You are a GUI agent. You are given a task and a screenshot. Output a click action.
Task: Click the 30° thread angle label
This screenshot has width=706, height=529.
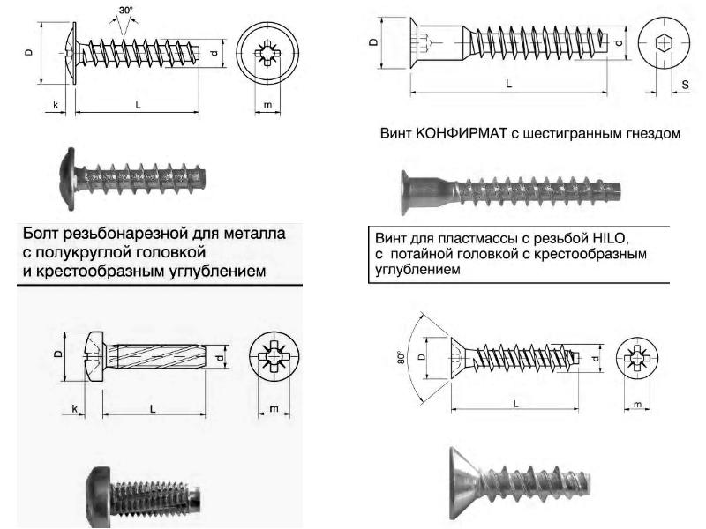[x=126, y=10]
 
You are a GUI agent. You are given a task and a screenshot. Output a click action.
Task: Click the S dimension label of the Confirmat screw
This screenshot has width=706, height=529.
[x=686, y=84]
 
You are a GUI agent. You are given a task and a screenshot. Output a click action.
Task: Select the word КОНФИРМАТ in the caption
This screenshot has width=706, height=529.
[x=462, y=134]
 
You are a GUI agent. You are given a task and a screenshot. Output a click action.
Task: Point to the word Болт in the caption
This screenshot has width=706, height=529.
[x=41, y=234]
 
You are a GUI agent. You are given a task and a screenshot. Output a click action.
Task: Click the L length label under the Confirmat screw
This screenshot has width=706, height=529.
[x=509, y=84]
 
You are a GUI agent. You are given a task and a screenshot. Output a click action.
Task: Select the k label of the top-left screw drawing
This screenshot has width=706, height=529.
[x=56, y=105]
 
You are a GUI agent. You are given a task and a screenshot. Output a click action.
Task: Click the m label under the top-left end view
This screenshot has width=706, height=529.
[x=268, y=105]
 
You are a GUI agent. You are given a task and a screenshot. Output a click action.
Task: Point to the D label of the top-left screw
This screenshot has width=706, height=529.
[x=29, y=53]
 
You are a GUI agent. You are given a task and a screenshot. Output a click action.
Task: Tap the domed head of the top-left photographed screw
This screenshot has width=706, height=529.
[x=67, y=179]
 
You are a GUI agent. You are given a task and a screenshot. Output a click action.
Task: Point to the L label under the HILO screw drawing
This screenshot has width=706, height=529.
[x=516, y=404]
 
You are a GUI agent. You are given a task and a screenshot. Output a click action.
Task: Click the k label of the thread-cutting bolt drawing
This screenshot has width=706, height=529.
[x=75, y=409]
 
